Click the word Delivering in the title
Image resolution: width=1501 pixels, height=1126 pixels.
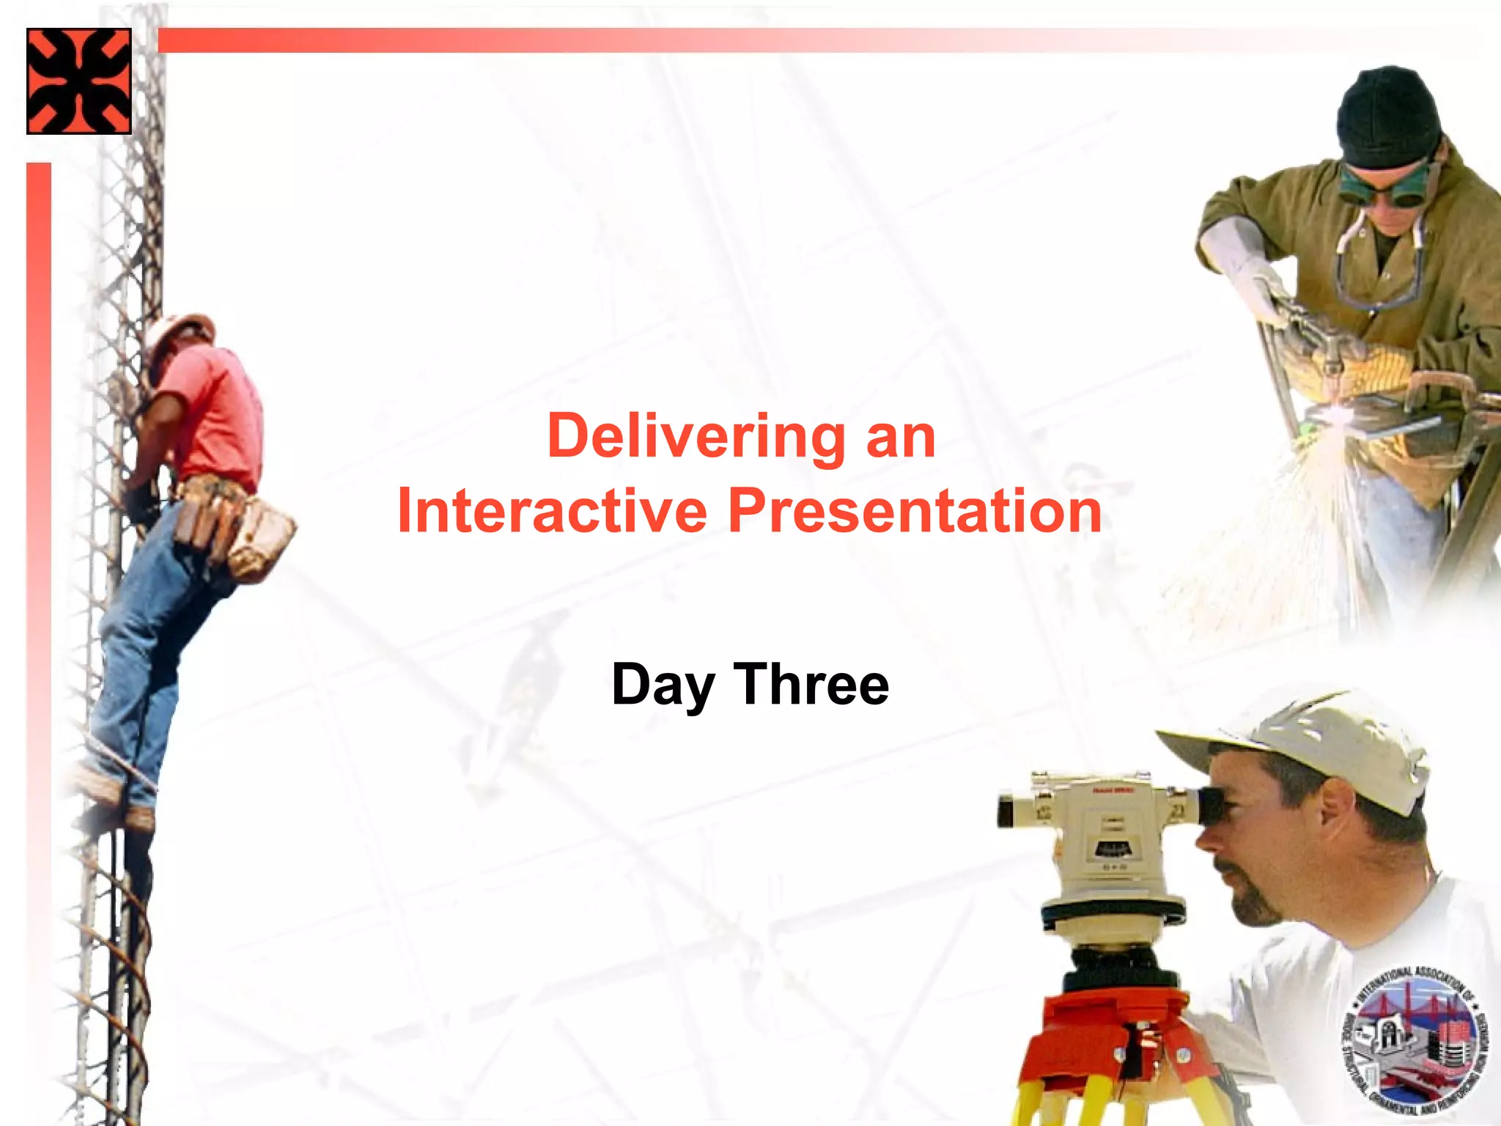696,437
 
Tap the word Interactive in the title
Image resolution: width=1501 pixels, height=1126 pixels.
551,511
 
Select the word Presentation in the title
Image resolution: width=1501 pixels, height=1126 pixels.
915,511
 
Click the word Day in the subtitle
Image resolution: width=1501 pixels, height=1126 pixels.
663,685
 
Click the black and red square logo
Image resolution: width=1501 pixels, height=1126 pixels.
79,81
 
